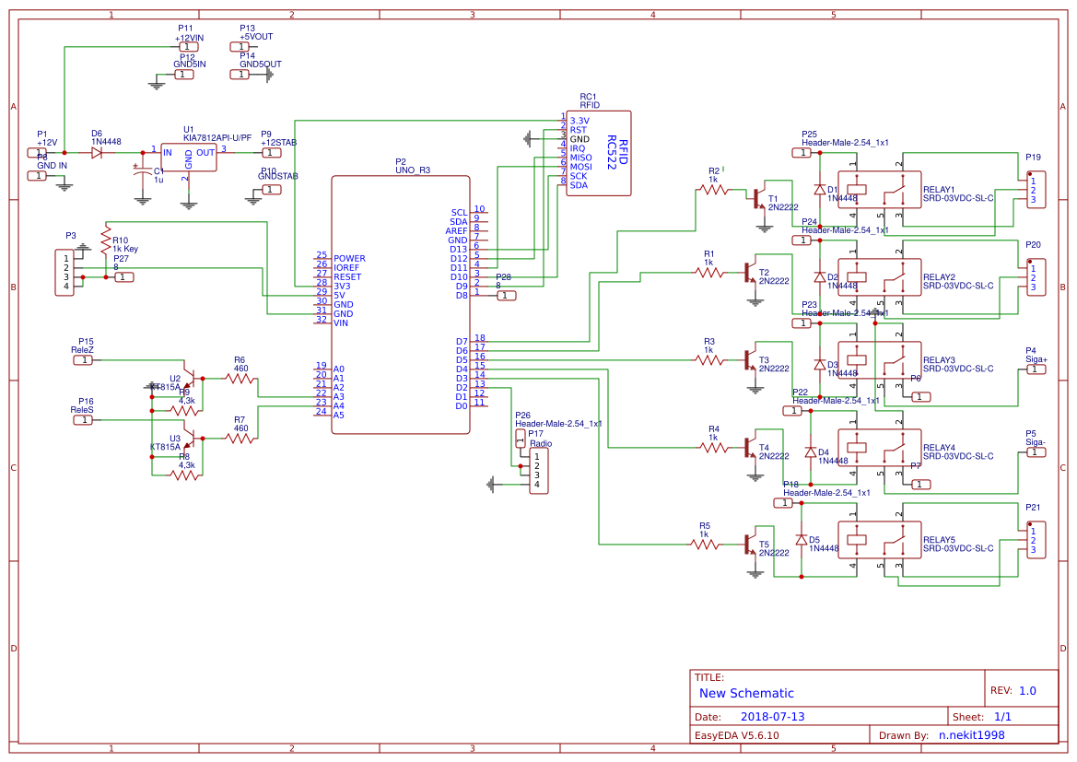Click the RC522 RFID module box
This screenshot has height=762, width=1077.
pos(599,153)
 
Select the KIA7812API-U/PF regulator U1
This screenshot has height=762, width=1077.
pos(188,157)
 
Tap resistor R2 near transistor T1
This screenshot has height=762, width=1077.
pos(714,190)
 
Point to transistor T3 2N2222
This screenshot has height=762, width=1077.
pos(749,359)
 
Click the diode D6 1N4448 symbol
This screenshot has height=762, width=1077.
pos(97,153)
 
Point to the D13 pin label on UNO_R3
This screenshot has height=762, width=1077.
pos(458,249)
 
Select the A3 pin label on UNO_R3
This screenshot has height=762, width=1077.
pos(338,396)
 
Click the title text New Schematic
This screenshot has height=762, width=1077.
pos(746,693)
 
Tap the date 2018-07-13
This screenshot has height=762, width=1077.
pos(772,717)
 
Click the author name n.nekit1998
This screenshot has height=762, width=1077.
pos(971,735)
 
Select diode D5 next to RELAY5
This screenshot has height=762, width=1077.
pos(801,540)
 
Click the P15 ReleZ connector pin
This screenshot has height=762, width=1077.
pos(84,359)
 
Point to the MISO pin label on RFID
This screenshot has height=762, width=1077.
pos(580,158)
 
